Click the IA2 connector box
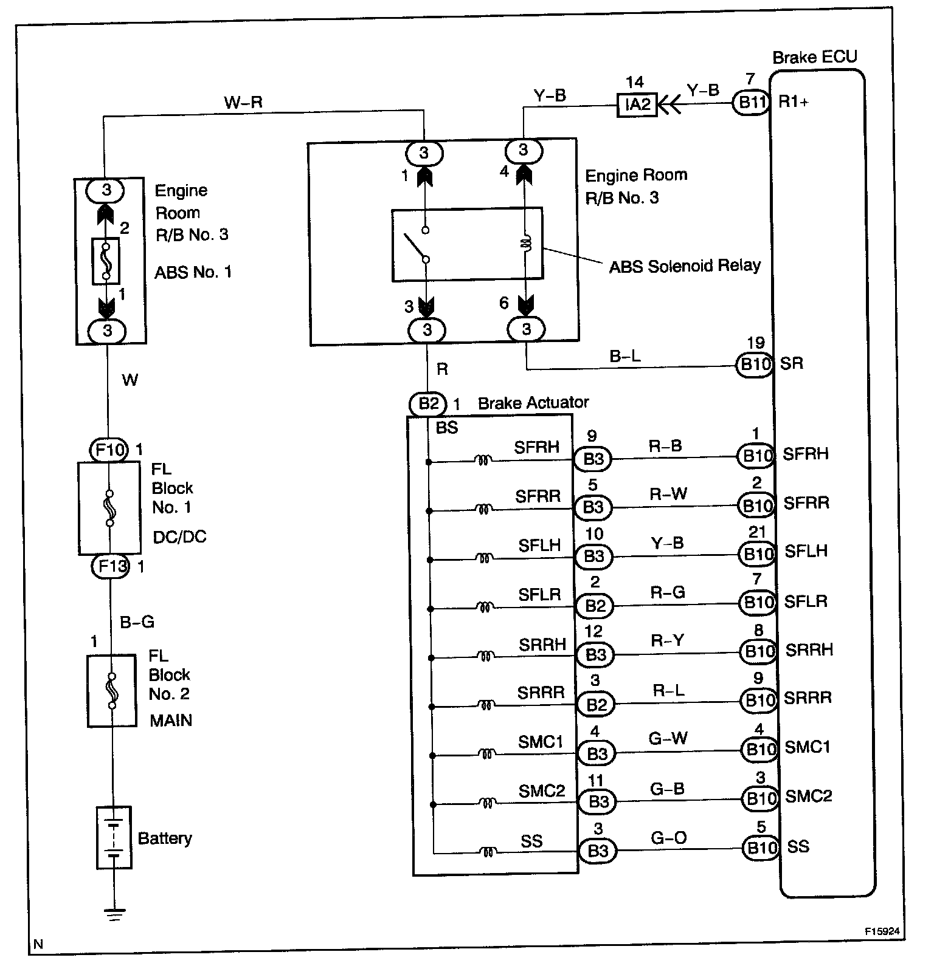(x=637, y=104)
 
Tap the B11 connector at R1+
(x=752, y=102)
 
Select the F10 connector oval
(x=109, y=450)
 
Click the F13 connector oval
(x=111, y=567)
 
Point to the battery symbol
(x=114, y=837)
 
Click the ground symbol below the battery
(x=114, y=913)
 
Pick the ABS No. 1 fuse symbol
(x=106, y=261)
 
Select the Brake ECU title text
(x=814, y=57)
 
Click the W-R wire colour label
(x=243, y=101)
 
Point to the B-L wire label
(x=625, y=356)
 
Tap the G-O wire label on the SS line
(x=668, y=838)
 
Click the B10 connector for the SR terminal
(x=754, y=365)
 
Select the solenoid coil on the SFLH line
(x=485, y=557)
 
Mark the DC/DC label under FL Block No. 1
(x=179, y=537)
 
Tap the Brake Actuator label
(x=533, y=403)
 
